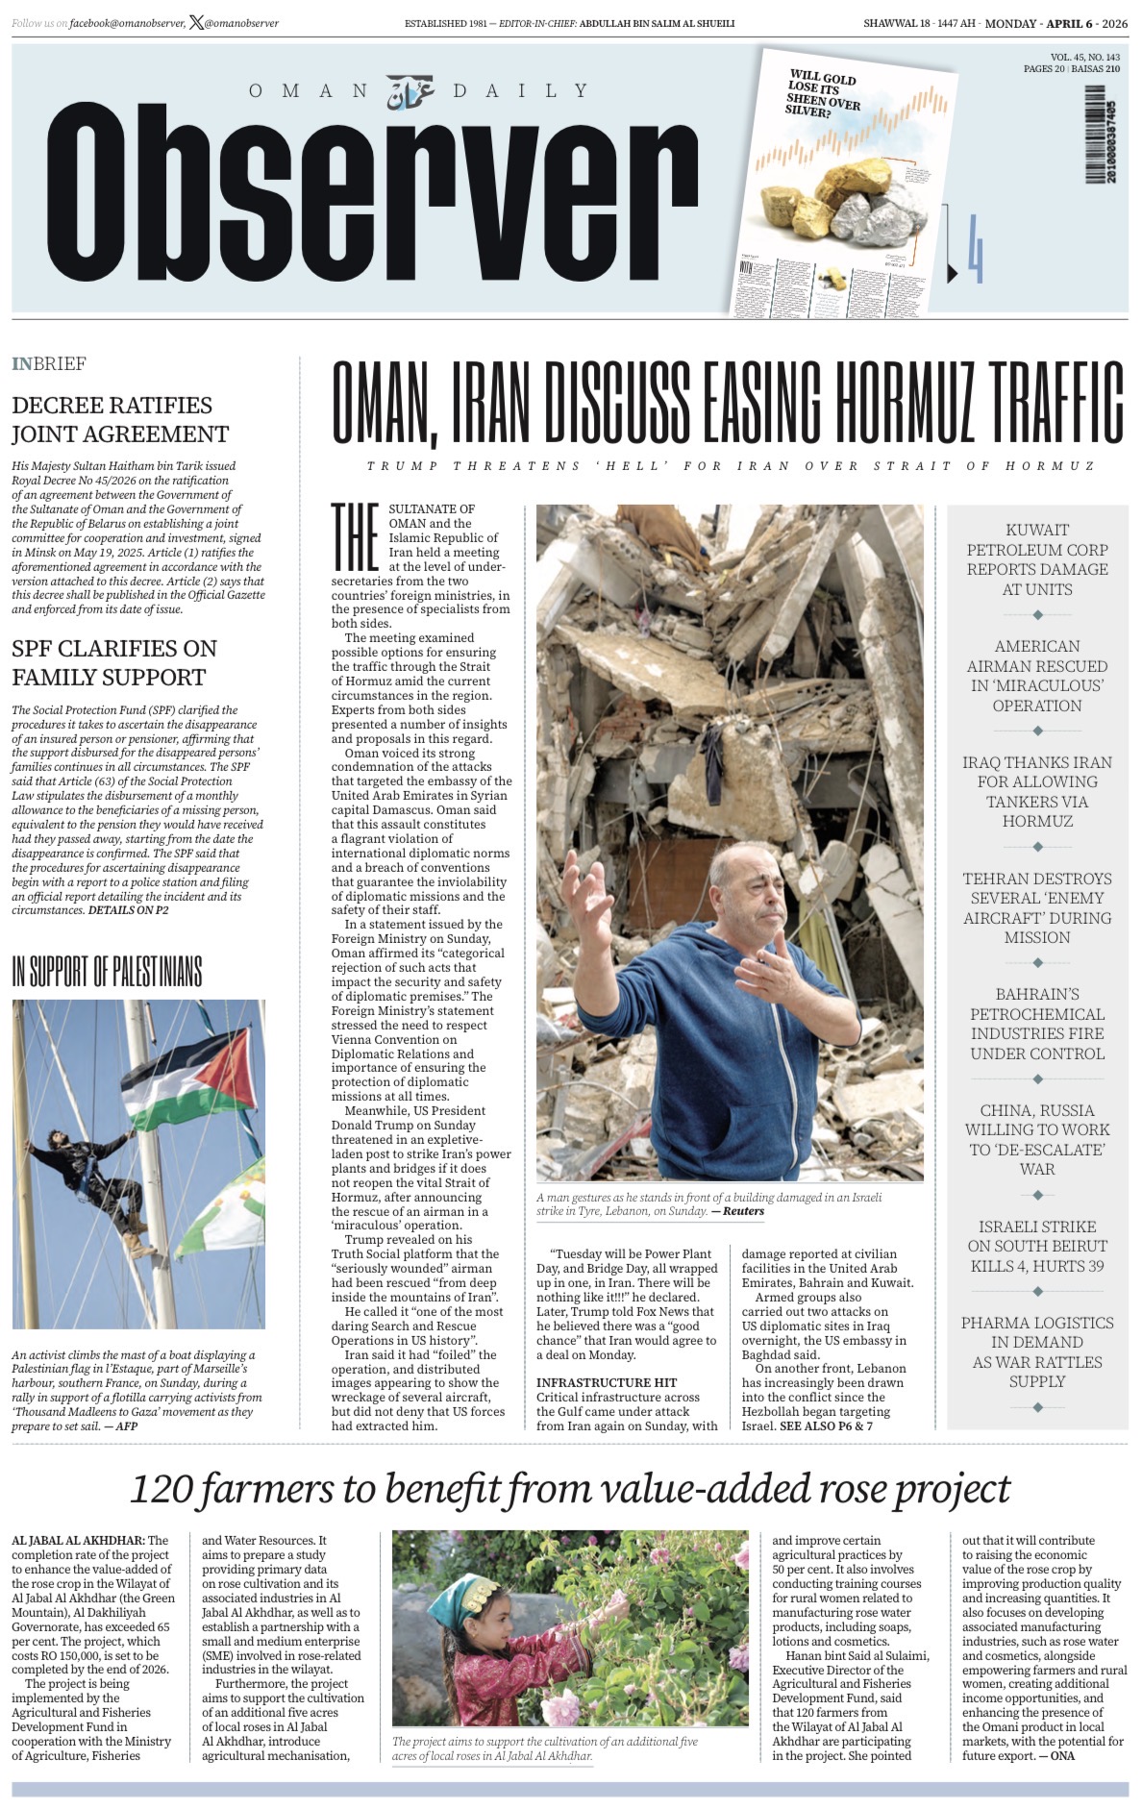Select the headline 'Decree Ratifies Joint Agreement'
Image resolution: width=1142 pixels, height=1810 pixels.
pos(120,419)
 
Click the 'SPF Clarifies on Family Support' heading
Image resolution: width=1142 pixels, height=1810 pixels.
pos(114,662)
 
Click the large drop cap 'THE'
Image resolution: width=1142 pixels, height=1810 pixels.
pos(355,536)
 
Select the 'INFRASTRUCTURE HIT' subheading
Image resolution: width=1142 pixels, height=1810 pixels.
pos(606,1382)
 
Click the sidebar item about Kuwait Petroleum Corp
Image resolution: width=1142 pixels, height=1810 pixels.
pos(1037,558)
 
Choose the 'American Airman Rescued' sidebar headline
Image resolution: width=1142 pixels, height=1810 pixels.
pos(1037,675)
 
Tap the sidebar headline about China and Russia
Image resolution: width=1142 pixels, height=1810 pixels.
pos(1037,1139)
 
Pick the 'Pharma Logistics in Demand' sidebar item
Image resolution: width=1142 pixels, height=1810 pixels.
pos(1037,1351)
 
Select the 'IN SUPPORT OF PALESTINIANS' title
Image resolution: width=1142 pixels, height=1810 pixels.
pos(107,972)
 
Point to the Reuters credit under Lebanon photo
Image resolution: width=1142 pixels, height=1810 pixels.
pos(743,1211)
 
